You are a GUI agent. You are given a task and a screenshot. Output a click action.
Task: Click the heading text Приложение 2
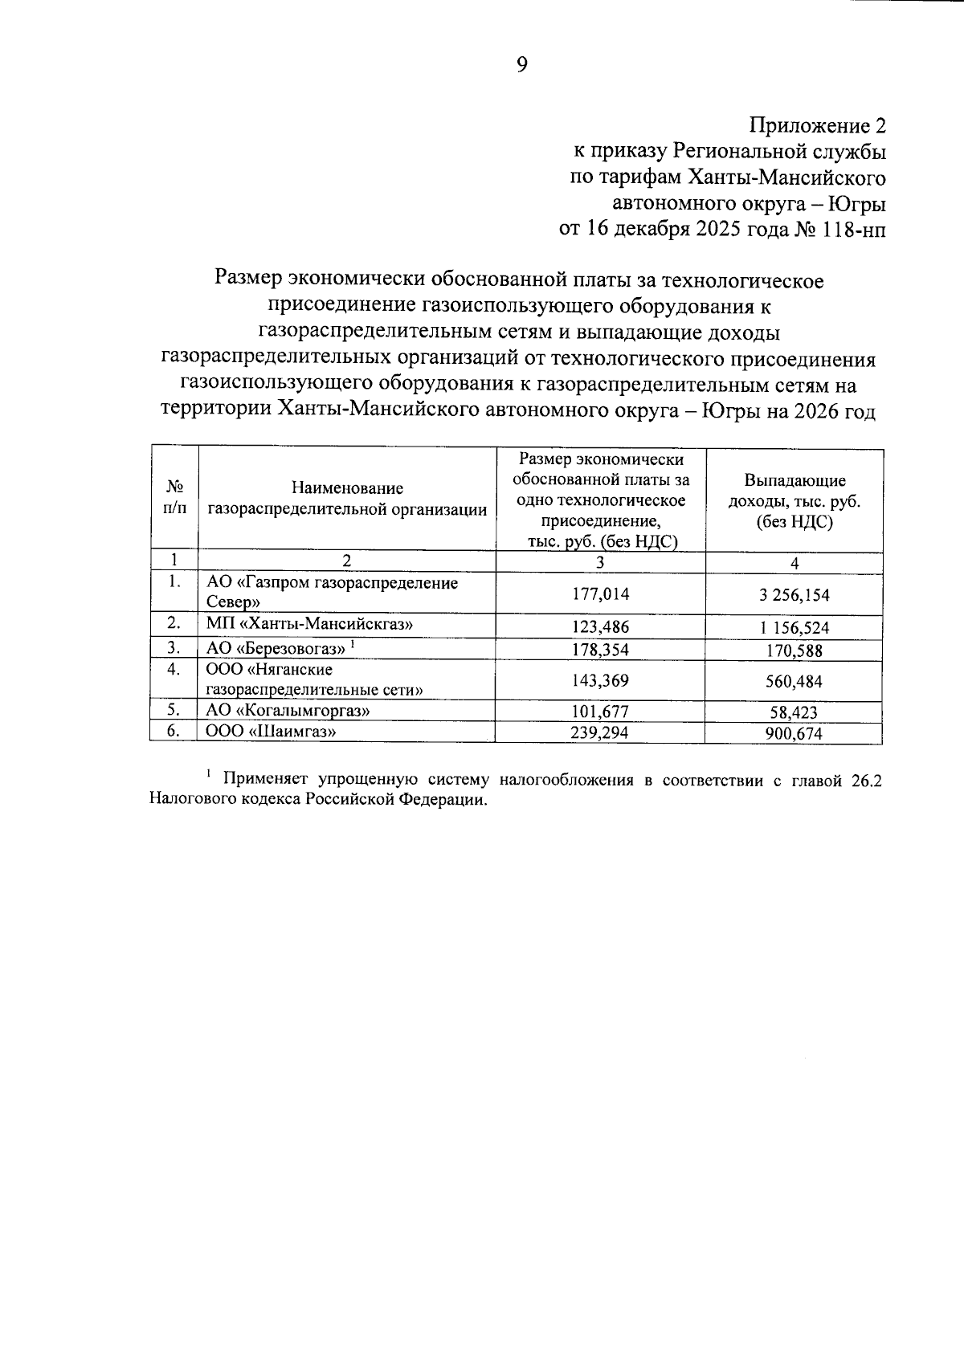pyautogui.click(x=817, y=126)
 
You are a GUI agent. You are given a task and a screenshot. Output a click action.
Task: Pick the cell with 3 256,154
pyautogui.click(x=794, y=595)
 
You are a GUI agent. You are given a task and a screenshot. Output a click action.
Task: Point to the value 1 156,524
pyautogui.click(x=794, y=628)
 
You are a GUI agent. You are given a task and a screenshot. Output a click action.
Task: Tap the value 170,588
pyautogui.click(x=794, y=650)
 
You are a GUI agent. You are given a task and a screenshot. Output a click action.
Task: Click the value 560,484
pyautogui.click(x=794, y=682)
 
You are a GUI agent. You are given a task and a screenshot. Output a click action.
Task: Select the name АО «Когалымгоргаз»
pyautogui.click(x=288, y=710)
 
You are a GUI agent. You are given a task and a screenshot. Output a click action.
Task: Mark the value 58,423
pyautogui.click(x=794, y=712)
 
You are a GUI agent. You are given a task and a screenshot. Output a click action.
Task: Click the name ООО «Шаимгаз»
pyautogui.click(x=270, y=731)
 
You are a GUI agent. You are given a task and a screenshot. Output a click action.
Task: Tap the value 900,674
pyautogui.click(x=794, y=733)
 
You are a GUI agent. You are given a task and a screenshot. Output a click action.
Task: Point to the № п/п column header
pyautogui.click(x=174, y=498)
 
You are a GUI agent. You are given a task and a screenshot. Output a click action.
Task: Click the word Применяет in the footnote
pyautogui.click(x=266, y=779)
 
